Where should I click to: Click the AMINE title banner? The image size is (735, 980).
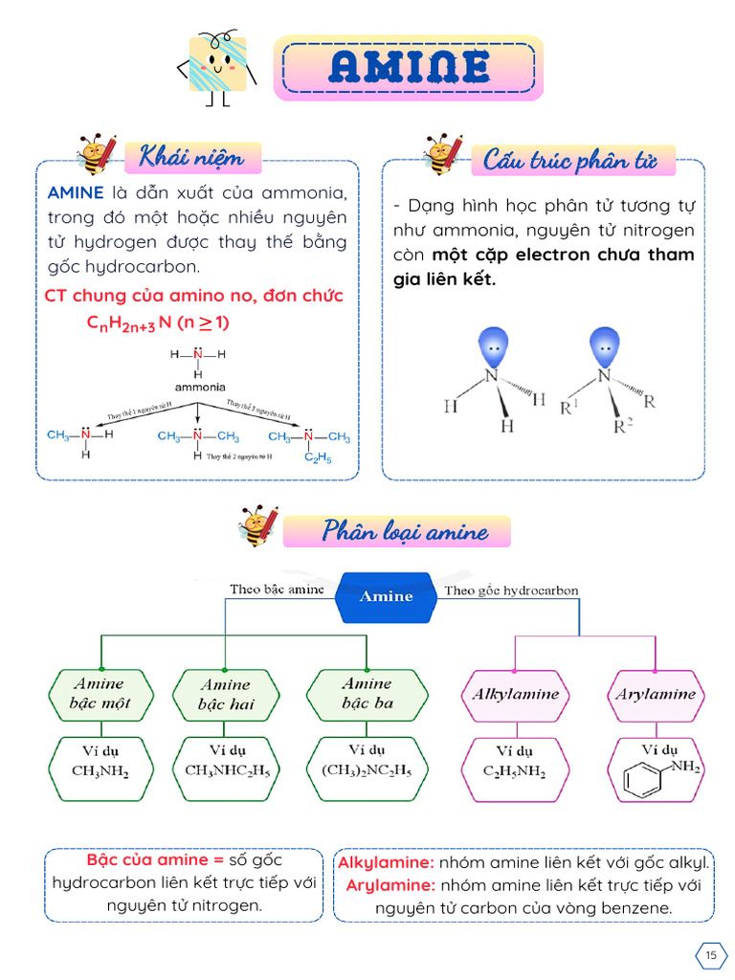tap(409, 67)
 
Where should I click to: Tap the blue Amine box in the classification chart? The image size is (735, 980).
tap(386, 596)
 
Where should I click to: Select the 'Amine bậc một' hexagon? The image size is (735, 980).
tap(100, 694)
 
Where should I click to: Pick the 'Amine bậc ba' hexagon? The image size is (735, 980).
tap(367, 694)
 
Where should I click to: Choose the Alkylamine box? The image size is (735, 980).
tap(515, 694)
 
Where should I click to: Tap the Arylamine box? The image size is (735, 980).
tap(655, 694)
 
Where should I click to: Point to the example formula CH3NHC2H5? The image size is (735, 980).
tap(225, 768)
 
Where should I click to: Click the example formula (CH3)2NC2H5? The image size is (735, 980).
tap(367, 768)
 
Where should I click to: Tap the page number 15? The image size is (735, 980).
tap(710, 955)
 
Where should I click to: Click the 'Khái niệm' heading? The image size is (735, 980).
tap(190, 155)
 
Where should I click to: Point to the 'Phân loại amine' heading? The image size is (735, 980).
tap(404, 531)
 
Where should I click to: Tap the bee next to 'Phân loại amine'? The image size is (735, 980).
tap(258, 527)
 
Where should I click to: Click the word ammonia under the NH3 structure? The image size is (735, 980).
tap(199, 387)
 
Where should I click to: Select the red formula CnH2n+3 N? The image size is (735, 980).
tap(158, 323)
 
